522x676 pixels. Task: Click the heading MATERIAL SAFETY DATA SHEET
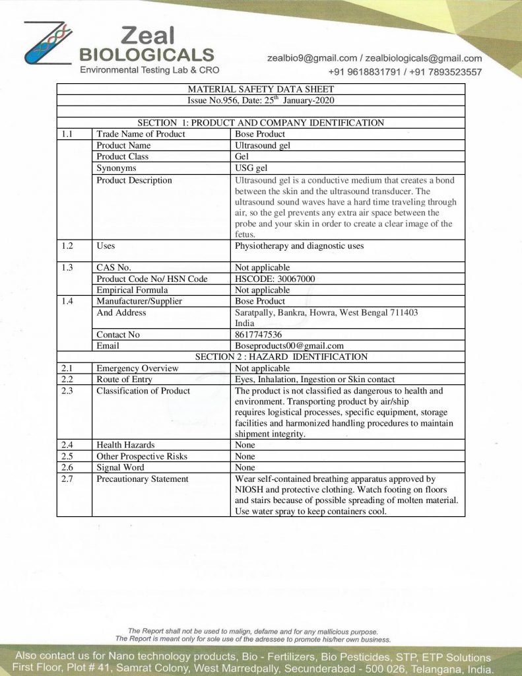point(261,89)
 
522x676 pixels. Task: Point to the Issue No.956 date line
point(261,100)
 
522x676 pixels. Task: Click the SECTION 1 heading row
point(261,123)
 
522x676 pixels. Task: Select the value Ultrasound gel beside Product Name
point(263,145)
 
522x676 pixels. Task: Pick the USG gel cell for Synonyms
point(251,168)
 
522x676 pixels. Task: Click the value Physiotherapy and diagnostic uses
point(299,246)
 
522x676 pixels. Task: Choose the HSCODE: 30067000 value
point(275,279)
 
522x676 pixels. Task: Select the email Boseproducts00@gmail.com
point(289,345)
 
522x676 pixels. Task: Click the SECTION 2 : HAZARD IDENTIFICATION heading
point(281,356)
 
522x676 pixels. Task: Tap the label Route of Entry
point(124,380)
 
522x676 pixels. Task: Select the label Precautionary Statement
point(142,479)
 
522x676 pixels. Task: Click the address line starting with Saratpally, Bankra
point(326,312)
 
